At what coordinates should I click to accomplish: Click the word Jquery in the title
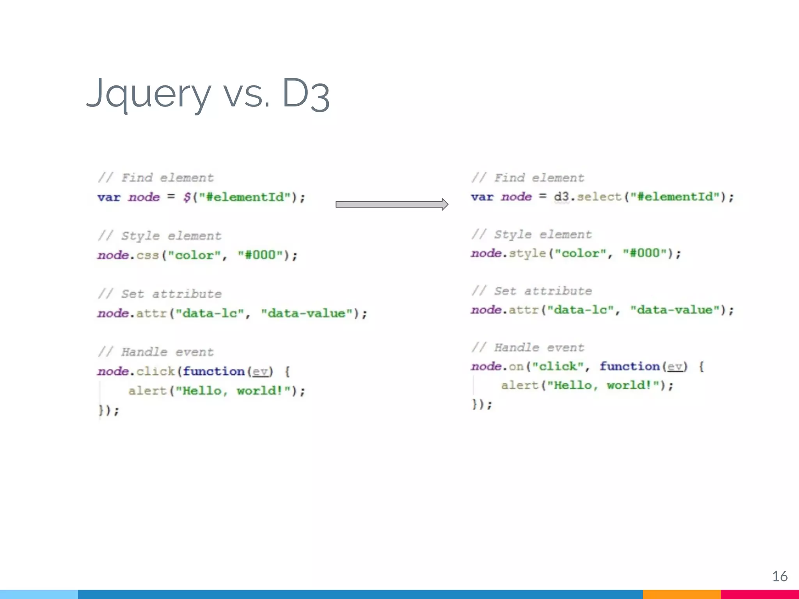coord(148,94)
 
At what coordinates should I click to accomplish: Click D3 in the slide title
coord(305,94)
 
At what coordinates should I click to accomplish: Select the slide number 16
coord(779,576)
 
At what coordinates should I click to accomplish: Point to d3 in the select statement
coord(561,197)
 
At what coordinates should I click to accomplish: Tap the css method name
coord(147,255)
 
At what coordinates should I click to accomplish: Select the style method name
coord(527,253)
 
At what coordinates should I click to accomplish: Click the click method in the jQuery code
coord(155,371)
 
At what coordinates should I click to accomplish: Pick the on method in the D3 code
coord(516,367)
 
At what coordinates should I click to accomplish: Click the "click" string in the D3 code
coord(558,367)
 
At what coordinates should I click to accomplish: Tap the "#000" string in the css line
coord(260,255)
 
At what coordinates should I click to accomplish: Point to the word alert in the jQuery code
coord(147,391)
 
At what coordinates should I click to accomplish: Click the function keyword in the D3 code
coord(629,367)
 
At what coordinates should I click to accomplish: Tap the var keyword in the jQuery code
coord(109,197)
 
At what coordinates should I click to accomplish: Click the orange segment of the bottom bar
coord(682,594)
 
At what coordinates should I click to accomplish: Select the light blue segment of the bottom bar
coord(39,594)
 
